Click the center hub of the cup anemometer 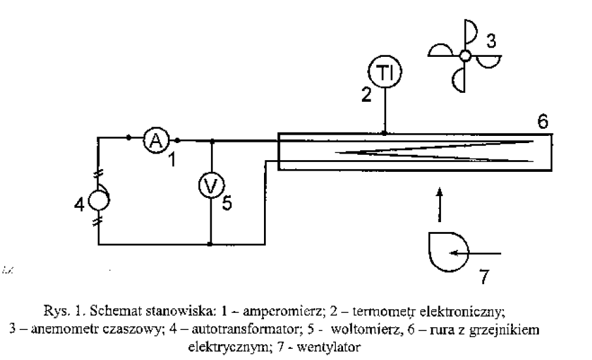click(x=465, y=56)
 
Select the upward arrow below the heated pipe click(x=439, y=203)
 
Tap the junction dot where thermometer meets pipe click(x=385, y=133)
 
